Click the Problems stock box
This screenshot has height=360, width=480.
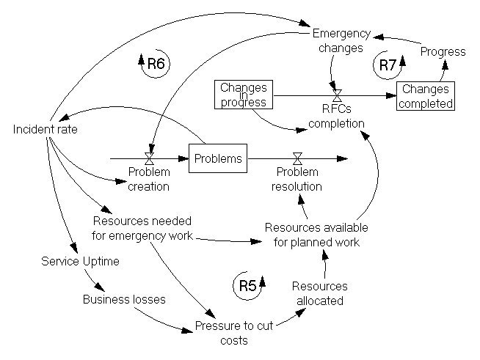(217, 158)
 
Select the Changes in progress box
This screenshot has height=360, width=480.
(243, 95)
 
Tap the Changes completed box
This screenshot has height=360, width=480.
(426, 96)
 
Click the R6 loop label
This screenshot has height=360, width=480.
(155, 64)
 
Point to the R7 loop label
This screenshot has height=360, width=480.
(388, 65)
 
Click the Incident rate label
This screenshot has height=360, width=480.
(46, 130)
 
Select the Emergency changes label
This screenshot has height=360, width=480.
(338, 41)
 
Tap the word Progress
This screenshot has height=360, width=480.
(443, 51)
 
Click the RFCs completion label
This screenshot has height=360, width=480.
(336, 117)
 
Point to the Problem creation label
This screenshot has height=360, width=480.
(149, 179)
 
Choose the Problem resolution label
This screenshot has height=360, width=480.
(298, 179)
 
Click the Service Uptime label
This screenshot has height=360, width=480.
(80, 261)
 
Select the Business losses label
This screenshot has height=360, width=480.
(124, 299)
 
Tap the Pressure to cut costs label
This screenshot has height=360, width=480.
(232, 334)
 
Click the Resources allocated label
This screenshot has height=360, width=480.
(319, 293)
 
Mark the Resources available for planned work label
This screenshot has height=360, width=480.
(316, 235)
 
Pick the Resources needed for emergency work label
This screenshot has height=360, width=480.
(144, 227)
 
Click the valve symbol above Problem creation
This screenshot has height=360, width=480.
(149, 158)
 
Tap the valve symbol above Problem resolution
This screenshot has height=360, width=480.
(298, 158)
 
